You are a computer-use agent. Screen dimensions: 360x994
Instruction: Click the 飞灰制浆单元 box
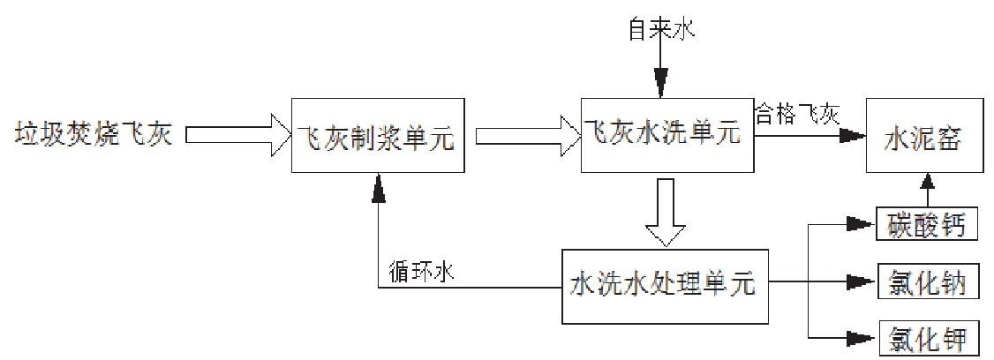(x=379, y=137)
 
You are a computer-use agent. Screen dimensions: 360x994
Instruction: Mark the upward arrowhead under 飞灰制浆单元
(x=379, y=184)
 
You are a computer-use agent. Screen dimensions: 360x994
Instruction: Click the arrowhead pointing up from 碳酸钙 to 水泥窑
(x=926, y=184)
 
